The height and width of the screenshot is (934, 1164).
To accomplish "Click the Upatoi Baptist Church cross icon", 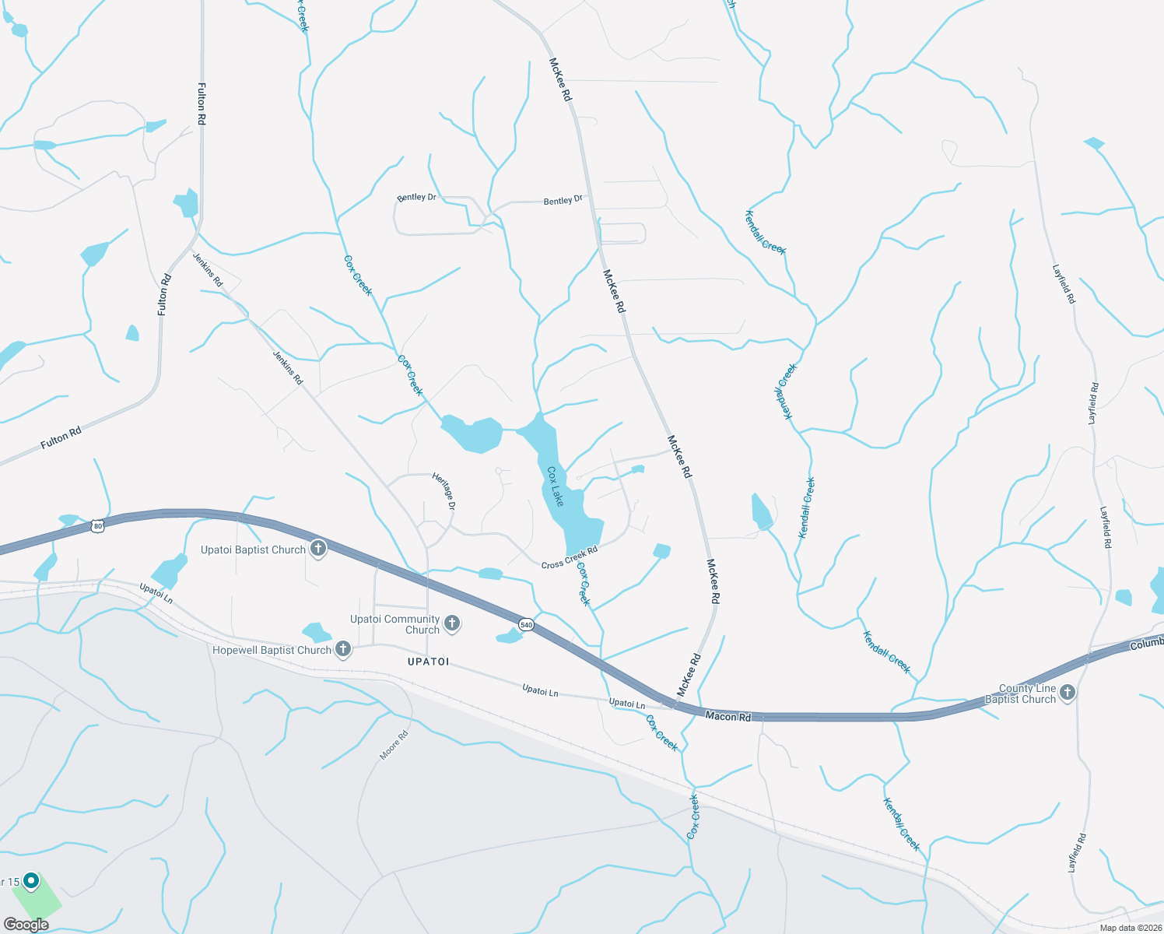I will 317,550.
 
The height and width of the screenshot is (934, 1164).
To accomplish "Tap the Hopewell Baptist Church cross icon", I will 342,650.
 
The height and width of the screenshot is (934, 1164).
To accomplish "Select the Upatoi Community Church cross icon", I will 451,623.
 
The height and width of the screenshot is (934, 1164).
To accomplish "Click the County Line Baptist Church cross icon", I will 1068,692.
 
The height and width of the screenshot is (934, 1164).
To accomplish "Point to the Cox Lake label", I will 555,486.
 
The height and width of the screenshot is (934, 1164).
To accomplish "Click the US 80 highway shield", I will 96,526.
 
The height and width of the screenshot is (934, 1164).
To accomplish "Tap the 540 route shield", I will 526,624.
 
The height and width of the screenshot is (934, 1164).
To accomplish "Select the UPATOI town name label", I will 428,662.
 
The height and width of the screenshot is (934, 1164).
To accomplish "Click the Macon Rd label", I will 728,716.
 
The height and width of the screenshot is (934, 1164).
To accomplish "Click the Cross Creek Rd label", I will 570,557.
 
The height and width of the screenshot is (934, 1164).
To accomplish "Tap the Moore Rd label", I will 394,746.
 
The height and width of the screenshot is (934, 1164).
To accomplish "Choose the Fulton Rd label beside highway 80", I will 61,437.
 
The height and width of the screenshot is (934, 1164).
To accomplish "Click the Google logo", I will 26,925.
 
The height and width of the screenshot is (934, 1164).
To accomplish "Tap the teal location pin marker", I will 31,881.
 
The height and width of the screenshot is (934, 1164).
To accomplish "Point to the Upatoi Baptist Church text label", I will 253,550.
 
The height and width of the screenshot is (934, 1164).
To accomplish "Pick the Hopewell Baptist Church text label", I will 272,650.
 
